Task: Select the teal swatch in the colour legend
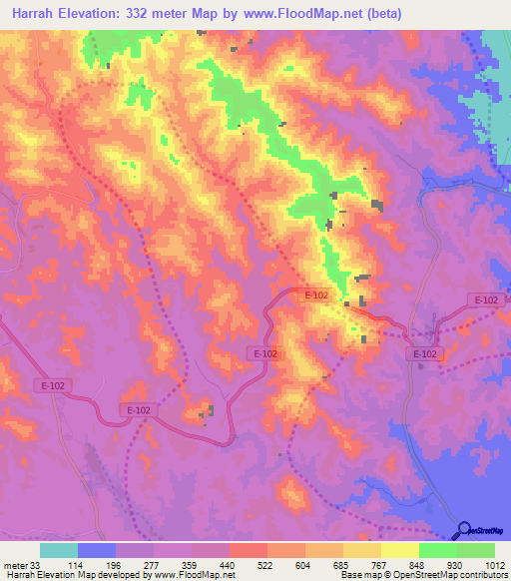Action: (59, 550)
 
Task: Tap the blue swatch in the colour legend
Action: (97, 550)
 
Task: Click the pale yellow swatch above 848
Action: (399, 550)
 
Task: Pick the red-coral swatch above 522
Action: (249, 550)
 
